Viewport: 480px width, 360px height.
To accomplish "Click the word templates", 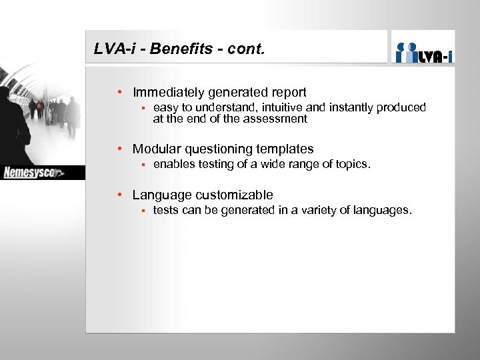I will point(285,149).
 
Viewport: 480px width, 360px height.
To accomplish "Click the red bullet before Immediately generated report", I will point(119,93).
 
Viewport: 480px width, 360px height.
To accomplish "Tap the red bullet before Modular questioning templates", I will point(119,149).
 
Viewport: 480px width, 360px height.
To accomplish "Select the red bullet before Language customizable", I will point(119,195).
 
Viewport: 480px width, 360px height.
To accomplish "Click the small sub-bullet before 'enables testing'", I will point(142,164).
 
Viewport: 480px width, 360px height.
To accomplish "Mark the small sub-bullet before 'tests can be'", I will point(142,210).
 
